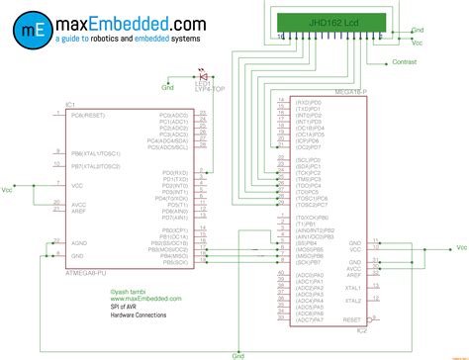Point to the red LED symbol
204,76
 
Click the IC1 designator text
70,104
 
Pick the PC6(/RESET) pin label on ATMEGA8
91,115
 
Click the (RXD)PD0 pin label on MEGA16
310,102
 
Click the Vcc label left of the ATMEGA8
8,188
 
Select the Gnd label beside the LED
167,88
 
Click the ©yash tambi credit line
127,291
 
